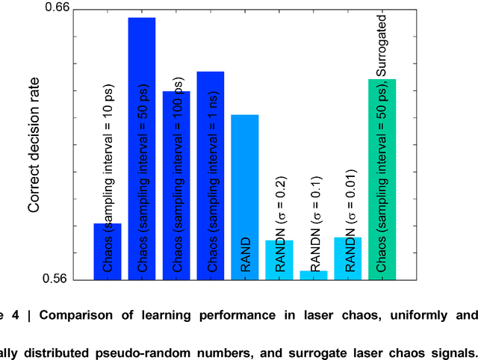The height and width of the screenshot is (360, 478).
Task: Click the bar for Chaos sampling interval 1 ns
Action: (211, 176)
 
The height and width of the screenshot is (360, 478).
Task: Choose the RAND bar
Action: (244, 197)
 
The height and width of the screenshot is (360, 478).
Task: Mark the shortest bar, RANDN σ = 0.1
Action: (314, 275)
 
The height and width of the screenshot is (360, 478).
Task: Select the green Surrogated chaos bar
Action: (382, 179)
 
